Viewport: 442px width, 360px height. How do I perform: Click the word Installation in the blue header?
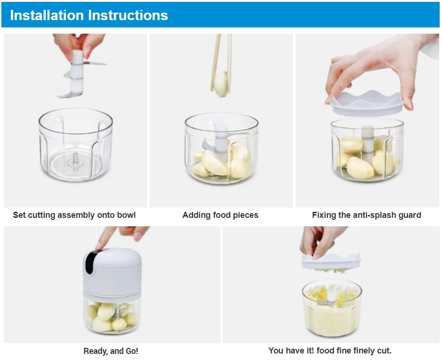47,15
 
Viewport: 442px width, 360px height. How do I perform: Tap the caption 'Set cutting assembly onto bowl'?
74,215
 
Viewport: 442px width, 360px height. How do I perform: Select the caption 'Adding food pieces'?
220,215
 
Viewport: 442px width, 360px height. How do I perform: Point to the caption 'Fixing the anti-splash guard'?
366,215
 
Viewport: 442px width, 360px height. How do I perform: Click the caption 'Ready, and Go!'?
111,351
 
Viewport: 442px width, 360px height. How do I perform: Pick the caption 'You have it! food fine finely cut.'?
330,351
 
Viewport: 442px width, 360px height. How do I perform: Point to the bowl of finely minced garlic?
332,309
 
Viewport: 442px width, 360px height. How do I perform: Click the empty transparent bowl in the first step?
76,145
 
